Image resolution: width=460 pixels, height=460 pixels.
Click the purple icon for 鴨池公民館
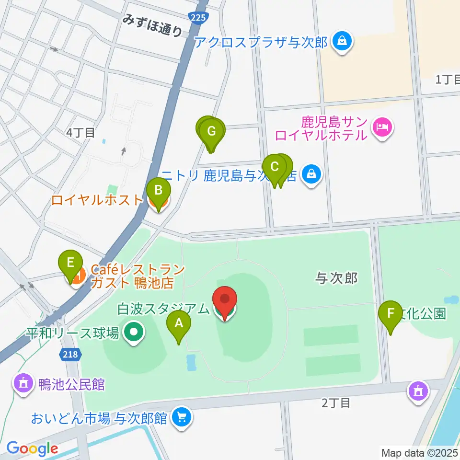pos(23,384)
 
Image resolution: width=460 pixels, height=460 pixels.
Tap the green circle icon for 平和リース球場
pos(134,333)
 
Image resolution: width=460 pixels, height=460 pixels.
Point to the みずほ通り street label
pos(152,26)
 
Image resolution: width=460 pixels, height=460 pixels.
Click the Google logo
pos(32,448)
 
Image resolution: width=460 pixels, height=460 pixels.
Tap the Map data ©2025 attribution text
pos(420,452)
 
